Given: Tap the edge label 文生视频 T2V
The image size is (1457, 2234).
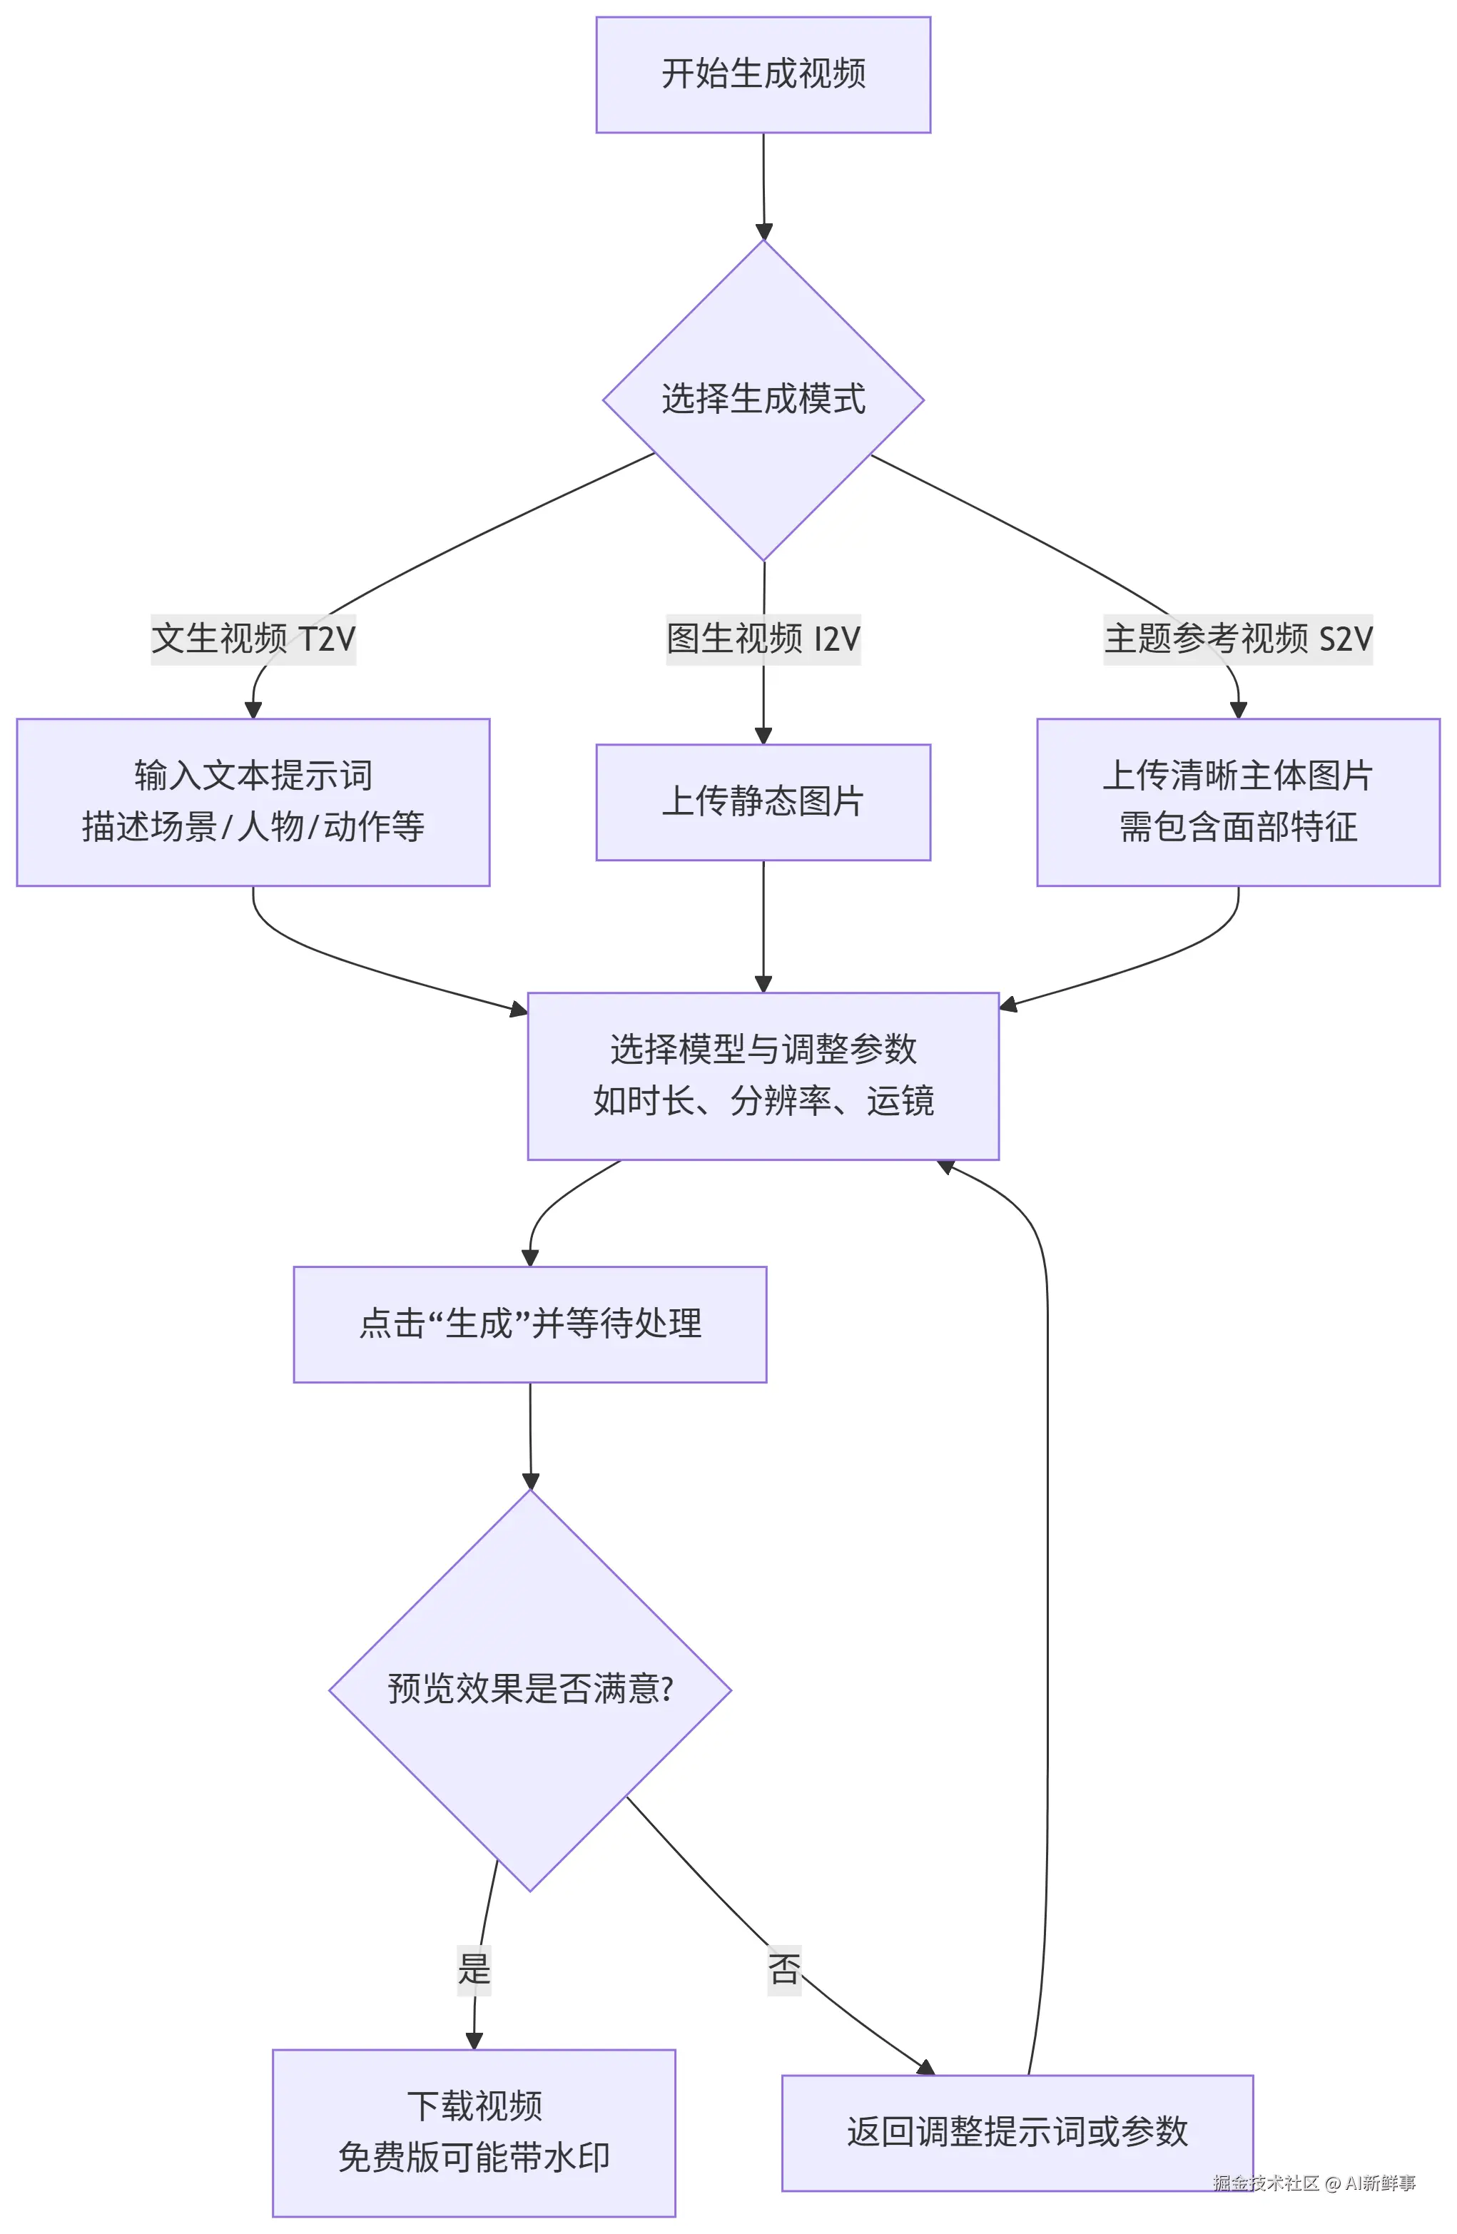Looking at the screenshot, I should [x=253, y=639].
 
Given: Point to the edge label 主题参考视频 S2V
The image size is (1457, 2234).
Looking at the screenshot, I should [x=1237, y=639].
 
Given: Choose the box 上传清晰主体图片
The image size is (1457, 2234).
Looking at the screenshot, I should [x=1237, y=776].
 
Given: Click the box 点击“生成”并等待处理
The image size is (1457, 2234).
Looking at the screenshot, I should [x=529, y=1324].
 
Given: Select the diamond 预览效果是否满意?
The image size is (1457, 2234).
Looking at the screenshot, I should [x=529, y=1690].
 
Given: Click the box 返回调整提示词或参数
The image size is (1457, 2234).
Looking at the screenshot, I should [x=1017, y=2133].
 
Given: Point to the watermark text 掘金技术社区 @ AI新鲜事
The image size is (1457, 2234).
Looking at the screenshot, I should [x=1314, y=2183].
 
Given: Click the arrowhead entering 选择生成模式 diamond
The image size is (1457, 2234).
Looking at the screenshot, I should [x=763, y=232].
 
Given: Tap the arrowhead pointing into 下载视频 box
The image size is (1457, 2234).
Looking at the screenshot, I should [x=474, y=2041].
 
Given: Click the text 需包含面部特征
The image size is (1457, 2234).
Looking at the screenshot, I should [x=1237, y=827].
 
